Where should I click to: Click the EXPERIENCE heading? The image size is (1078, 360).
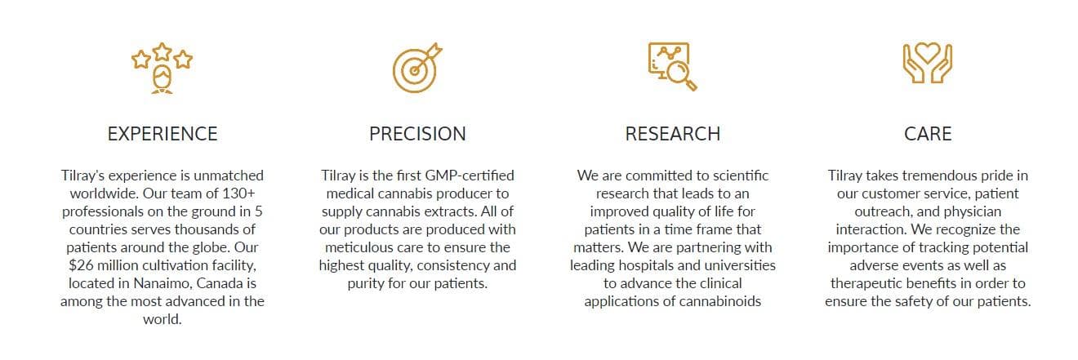click(163, 134)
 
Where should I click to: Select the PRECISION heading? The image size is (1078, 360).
click(417, 134)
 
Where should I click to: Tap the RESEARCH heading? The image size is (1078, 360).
click(672, 134)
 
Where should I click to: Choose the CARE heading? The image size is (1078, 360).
click(928, 134)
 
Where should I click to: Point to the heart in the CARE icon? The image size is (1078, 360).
click(928, 53)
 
